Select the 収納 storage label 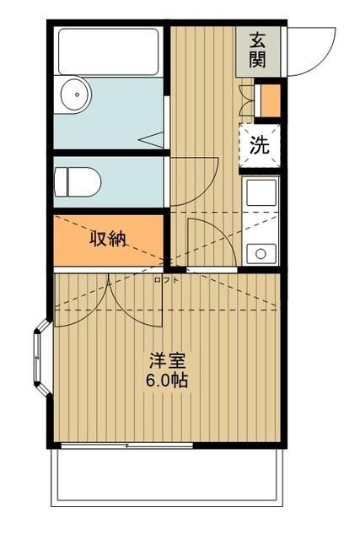coord(108,239)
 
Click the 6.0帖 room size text coord(164,380)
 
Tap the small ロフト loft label coord(165,280)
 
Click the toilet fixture coord(77,181)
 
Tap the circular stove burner coord(261,251)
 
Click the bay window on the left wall coord(43,359)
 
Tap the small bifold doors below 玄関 coord(246,100)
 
